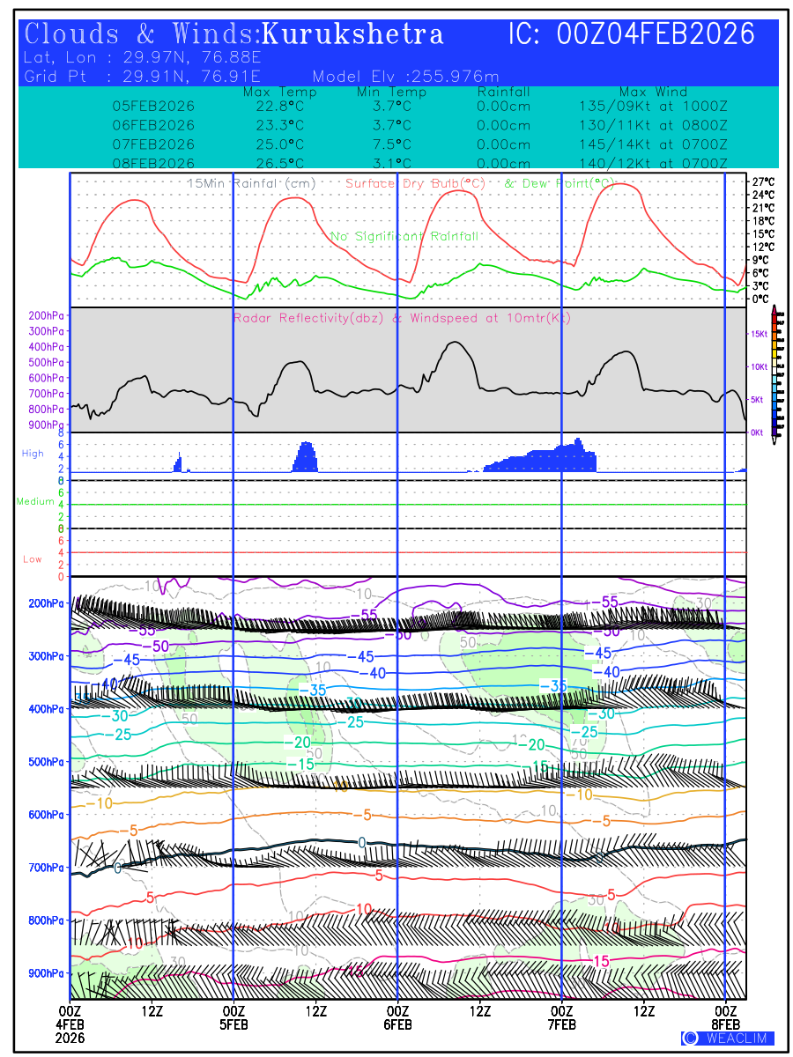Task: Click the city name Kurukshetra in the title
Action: pyautogui.click(x=352, y=35)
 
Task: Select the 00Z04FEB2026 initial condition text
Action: pyautogui.click(x=656, y=34)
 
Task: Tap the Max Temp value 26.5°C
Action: pyautogui.click(x=274, y=163)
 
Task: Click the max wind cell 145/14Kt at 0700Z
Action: pyautogui.click(x=648, y=144)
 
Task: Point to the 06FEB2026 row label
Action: pyautogui.click(x=153, y=125)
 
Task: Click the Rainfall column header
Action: pyautogui.click(x=503, y=92)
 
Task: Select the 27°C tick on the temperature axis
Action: pyautogui.click(x=763, y=181)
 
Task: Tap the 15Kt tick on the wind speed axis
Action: pyautogui.click(x=757, y=334)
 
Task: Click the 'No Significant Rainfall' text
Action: pyautogui.click(x=404, y=236)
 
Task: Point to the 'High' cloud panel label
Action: pyautogui.click(x=33, y=454)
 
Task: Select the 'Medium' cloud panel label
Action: pyautogui.click(x=35, y=502)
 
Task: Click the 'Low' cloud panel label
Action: pyautogui.click(x=33, y=559)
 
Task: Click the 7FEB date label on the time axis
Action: pyautogui.click(x=561, y=1024)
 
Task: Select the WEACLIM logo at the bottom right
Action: pyautogui.click(x=728, y=1038)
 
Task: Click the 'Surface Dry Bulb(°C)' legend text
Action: pyautogui.click(x=416, y=183)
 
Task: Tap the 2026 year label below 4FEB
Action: pyautogui.click(x=70, y=1038)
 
